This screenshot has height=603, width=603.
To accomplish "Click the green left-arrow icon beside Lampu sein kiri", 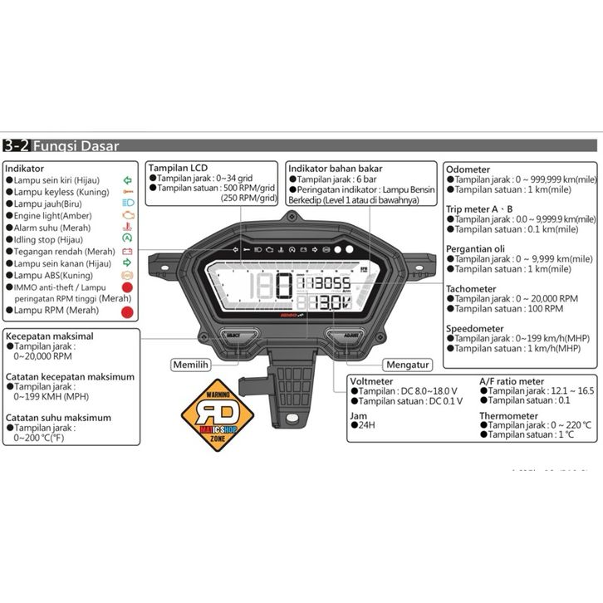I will (126, 179).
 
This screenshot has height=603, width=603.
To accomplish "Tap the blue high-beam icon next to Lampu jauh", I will (127, 203).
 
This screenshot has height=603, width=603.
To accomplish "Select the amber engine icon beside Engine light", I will (127, 214).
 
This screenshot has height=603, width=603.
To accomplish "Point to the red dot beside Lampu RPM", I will (128, 311).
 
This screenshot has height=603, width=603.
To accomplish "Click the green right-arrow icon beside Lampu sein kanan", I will (127, 262).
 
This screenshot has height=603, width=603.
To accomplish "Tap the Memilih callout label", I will (189, 365).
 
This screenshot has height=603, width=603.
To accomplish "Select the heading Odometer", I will (468, 168).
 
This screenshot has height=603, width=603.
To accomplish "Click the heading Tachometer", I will (472, 289).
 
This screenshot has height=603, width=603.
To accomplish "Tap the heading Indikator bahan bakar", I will (336, 168).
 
